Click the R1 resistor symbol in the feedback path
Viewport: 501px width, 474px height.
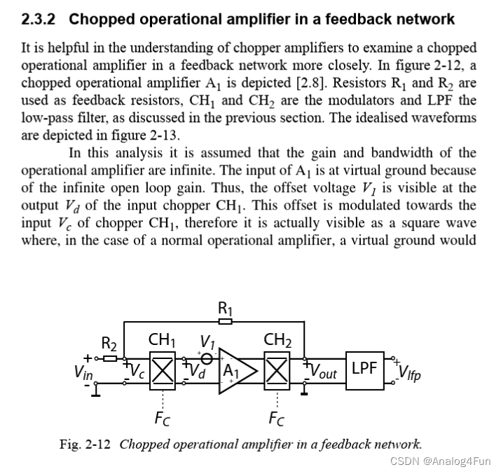coord(225,322)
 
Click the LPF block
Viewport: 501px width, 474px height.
coord(364,368)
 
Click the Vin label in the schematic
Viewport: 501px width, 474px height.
coord(83,374)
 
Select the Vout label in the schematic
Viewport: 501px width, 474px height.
coord(324,372)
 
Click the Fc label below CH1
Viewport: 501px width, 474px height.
coord(163,419)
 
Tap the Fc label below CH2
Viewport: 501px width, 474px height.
coord(277,419)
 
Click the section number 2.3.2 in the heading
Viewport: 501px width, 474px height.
coord(41,19)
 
